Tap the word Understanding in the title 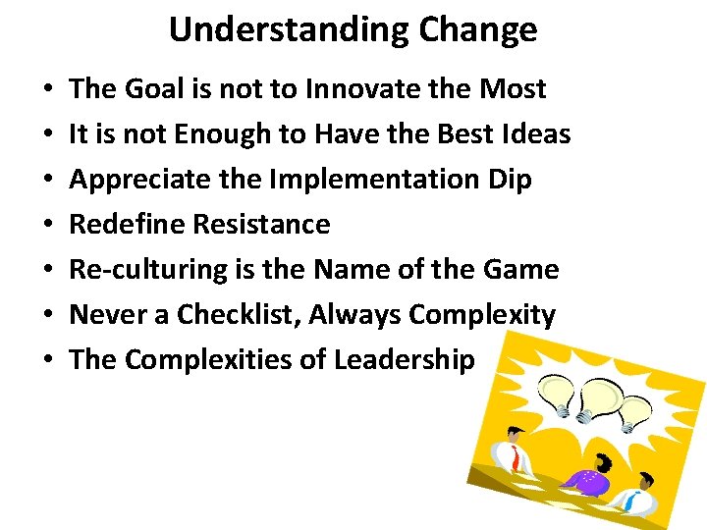[x=290, y=29]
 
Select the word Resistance [x=261, y=225]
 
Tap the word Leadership [x=405, y=360]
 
